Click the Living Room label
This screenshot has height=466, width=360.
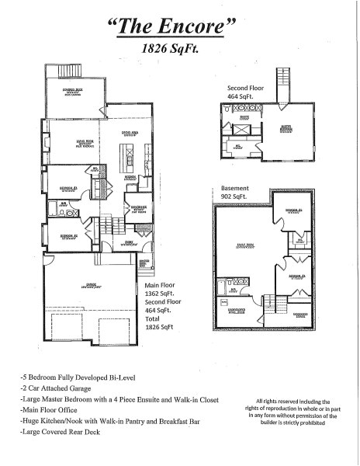(x=85, y=144)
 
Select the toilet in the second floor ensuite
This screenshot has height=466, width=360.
(x=227, y=109)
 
